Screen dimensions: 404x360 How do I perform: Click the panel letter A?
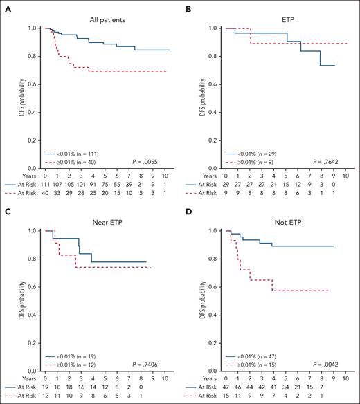click(x=6, y=6)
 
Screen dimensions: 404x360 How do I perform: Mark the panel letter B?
click(x=184, y=6)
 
